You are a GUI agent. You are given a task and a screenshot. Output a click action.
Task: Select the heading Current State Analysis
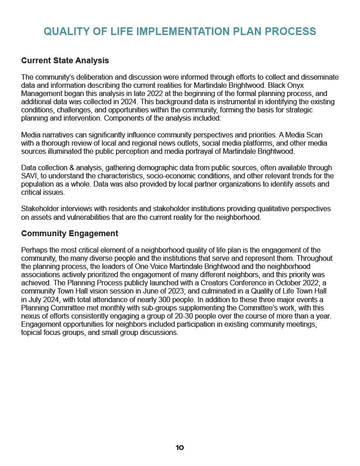65,60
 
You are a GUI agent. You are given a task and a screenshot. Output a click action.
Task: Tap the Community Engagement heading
70,233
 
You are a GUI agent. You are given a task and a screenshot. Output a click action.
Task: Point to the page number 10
180,448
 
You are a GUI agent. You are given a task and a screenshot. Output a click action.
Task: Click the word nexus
30,316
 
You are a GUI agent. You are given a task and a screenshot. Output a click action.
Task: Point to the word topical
31,332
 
